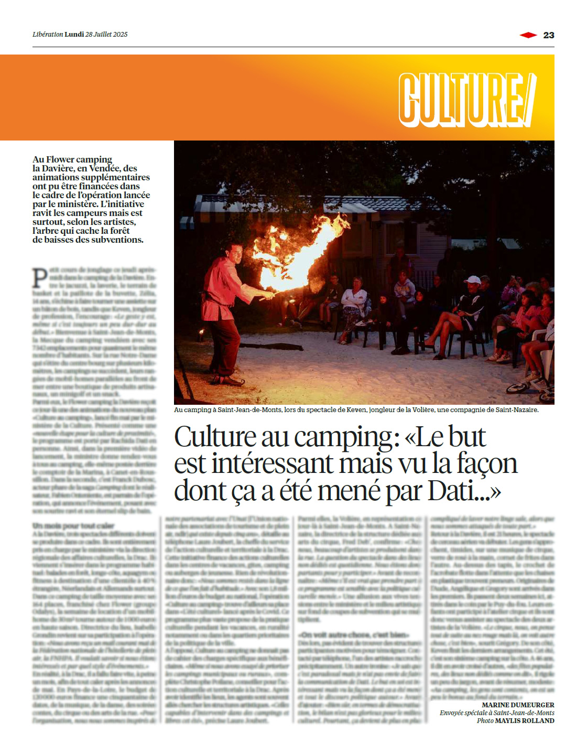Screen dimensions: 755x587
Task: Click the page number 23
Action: [x=549, y=35]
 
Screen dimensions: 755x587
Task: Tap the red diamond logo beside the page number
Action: [x=528, y=35]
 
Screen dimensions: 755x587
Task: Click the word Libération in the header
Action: [x=48, y=35]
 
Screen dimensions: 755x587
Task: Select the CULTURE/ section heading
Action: [x=467, y=99]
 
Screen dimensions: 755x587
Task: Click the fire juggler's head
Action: [x=234, y=253]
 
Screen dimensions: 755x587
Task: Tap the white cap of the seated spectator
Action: [x=472, y=281]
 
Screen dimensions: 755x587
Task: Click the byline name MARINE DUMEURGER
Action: [x=518, y=705]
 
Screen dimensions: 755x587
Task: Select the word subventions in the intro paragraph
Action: [x=116, y=240]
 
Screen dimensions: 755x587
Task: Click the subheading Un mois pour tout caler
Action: [x=73, y=526]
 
